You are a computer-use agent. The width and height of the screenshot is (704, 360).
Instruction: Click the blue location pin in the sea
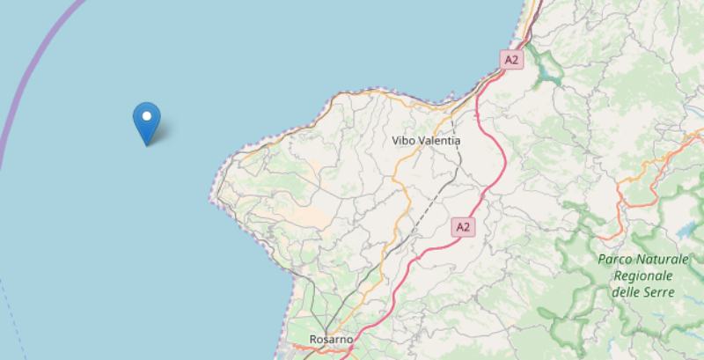145,121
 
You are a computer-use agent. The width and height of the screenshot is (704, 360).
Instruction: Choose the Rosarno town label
332,339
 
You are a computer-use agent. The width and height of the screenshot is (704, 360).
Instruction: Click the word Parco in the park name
613,260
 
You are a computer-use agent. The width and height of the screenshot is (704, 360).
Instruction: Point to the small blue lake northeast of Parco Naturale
687,231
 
